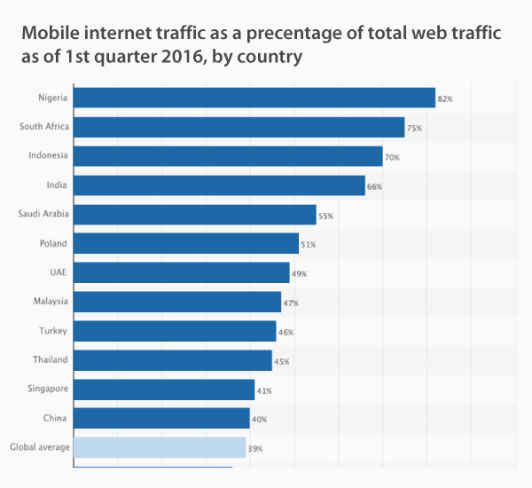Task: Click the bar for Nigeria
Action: tap(254, 98)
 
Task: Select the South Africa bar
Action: tap(239, 127)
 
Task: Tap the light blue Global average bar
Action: tap(160, 447)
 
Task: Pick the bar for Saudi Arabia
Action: tap(195, 215)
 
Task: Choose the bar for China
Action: tap(161, 418)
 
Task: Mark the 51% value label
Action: tap(309, 245)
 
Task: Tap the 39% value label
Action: tap(255, 449)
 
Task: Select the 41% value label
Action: tap(264, 390)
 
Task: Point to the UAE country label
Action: tap(59, 272)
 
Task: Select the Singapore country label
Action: tap(48, 389)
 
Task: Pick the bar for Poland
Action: tap(186, 243)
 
